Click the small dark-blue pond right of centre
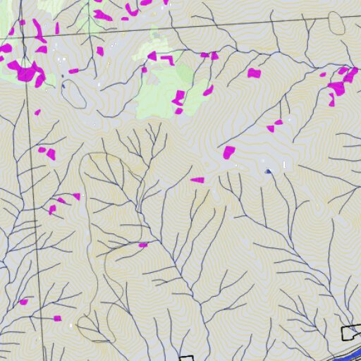267,171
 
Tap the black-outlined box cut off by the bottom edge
186,358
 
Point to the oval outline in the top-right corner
337,23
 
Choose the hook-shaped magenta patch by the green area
167,59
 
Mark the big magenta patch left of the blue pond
228,152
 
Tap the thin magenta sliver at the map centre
197,180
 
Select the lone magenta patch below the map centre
143,245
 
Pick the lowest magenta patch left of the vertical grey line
23,302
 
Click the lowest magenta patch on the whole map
58,318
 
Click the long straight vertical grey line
35,212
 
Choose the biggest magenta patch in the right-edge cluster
337,87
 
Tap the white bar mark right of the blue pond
285,166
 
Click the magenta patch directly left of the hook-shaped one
151,56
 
